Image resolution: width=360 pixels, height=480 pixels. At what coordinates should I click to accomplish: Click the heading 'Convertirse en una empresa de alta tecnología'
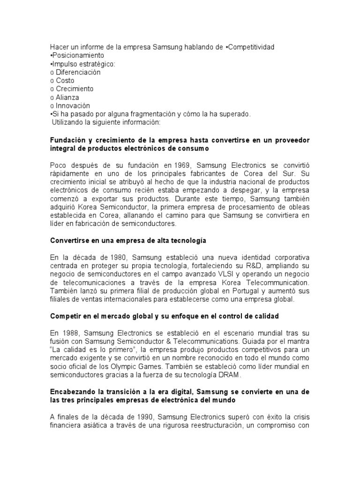click(128, 240)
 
